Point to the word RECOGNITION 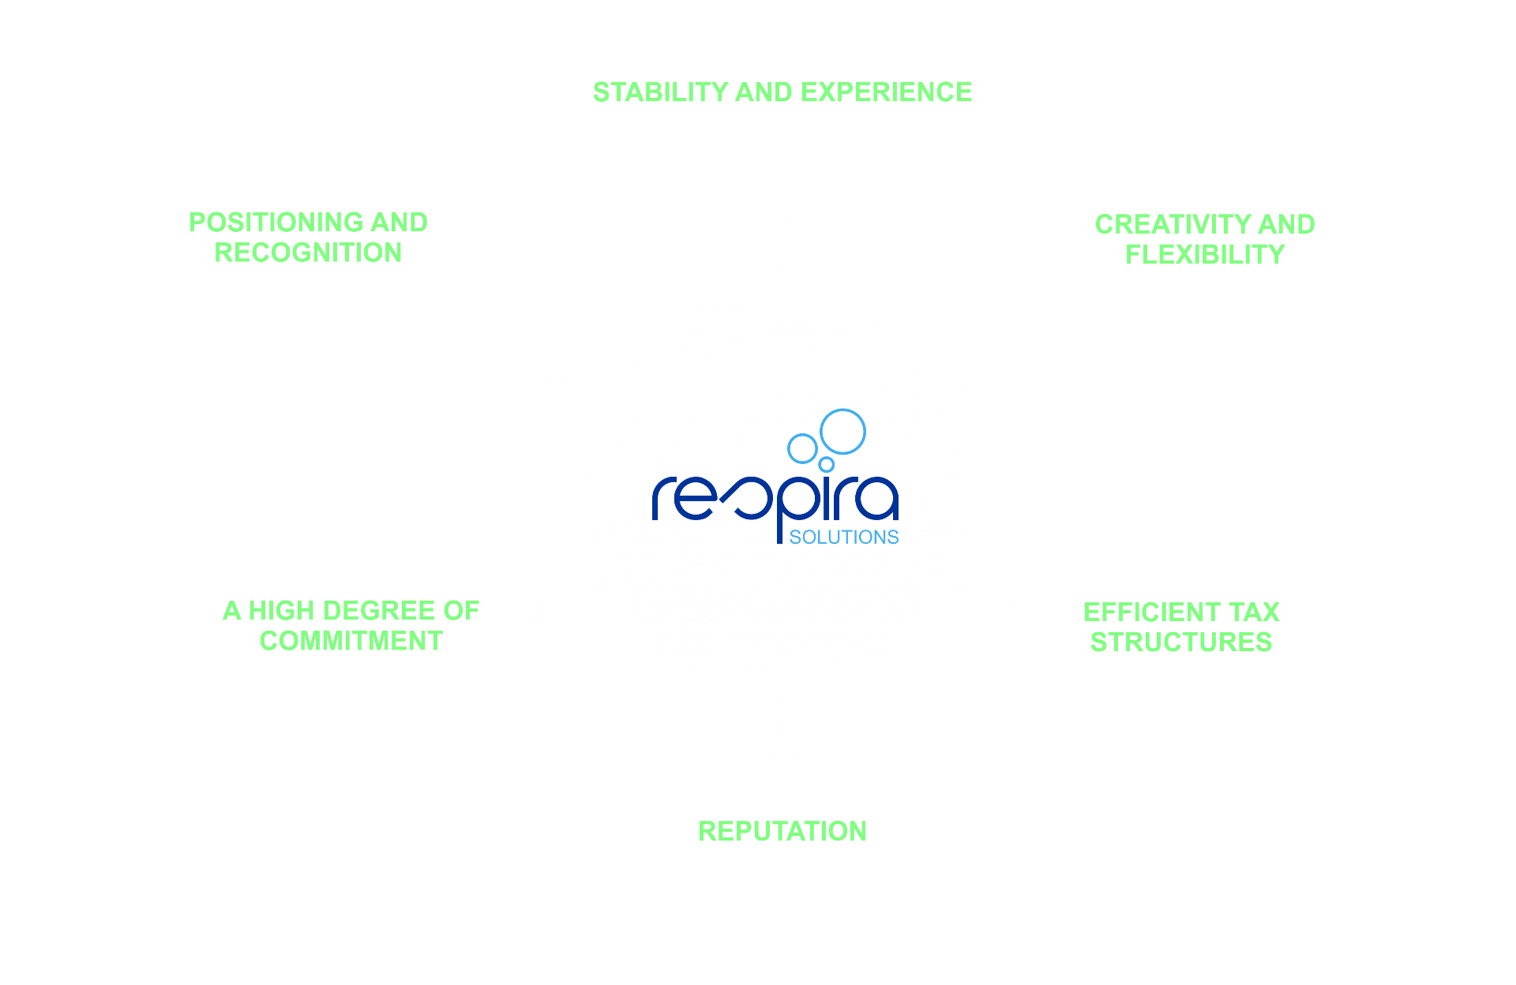(x=308, y=253)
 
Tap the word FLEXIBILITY (x=1205, y=254)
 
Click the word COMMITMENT (x=351, y=641)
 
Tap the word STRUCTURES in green (x=1181, y=642)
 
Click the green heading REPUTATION (x=782, y=831)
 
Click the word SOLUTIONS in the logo (x=844, y=537)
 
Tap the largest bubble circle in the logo (x=842, y=431)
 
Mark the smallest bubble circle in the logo (x=826, y=464)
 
